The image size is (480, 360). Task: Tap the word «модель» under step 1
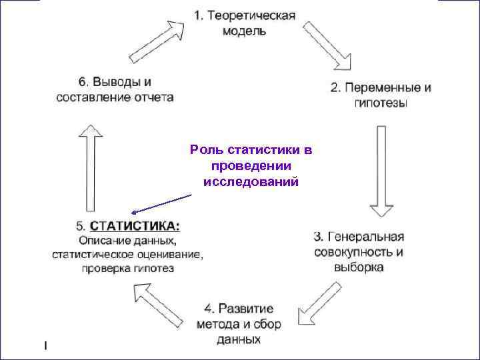click(245, 31)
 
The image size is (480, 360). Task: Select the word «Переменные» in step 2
click(384, 87)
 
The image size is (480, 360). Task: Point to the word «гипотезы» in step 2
click(381, 103)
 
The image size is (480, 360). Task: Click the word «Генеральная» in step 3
click(365, 236)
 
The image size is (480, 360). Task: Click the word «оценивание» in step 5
click(171, 254)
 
